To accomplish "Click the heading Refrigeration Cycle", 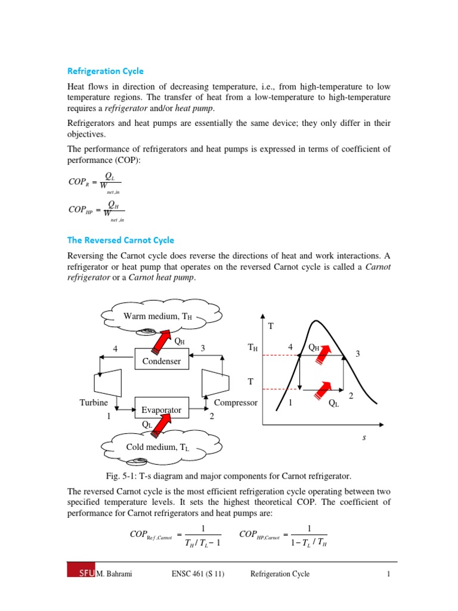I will [x=105, y=70].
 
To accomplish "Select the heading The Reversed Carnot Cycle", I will [x=120, y=240].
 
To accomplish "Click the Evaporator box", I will [x=161, y=410].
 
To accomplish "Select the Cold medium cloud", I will [x=157, y=447].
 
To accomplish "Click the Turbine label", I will [x=94, y=403].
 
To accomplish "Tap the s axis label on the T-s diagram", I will [x=364, y=437].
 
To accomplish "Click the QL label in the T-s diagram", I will [x=333, y=403].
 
